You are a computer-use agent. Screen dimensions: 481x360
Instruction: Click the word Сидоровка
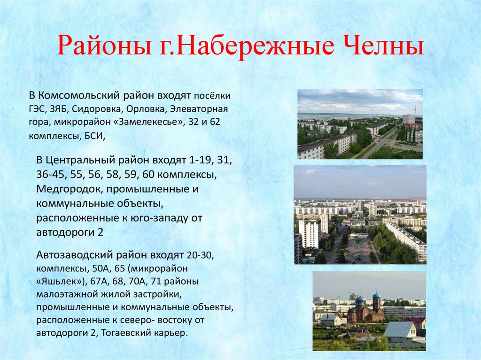97,109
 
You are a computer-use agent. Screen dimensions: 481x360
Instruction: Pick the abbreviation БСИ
95,136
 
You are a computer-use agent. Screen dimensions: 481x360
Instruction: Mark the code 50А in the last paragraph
101,268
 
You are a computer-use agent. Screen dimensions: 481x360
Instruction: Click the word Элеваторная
199,109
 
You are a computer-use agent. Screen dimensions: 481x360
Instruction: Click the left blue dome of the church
360,299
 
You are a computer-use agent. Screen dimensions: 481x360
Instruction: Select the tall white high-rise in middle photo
310,234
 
